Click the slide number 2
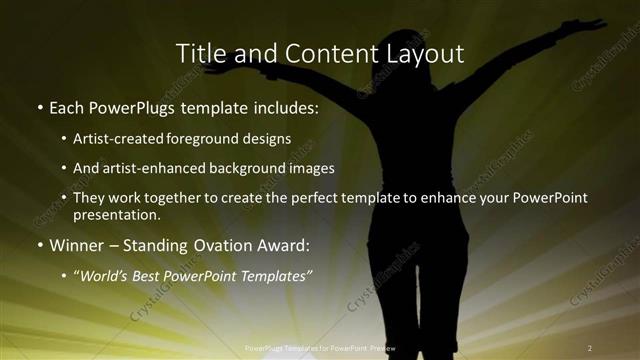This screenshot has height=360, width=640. tap(590, 347)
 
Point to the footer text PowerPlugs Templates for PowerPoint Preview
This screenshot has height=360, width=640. tap(320, 347)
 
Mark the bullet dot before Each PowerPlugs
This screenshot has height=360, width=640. tap(39, 106)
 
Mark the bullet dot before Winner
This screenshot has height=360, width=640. tap(39, 245)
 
